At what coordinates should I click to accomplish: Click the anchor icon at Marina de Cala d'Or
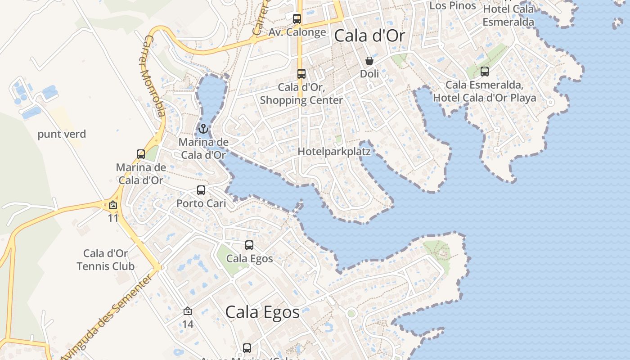203,129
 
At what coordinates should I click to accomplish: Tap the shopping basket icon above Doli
369,60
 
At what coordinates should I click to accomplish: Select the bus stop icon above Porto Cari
201,190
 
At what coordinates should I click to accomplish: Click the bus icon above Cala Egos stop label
249,245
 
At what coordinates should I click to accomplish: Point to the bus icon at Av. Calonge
297,19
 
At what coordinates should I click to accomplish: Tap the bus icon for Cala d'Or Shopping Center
301,74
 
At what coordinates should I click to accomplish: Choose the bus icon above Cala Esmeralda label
485,71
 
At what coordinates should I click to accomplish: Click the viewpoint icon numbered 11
112,205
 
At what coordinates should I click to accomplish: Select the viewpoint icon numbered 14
188,311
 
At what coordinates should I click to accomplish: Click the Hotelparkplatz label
334,152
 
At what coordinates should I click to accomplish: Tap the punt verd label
62,134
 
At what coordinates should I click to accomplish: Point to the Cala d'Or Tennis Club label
106,260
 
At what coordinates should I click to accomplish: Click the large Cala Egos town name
262,312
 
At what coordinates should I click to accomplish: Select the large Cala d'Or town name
369,36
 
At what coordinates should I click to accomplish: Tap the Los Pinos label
453,6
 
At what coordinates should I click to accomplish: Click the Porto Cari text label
201,203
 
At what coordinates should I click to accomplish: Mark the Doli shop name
369,73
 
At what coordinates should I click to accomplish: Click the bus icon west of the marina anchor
141,154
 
